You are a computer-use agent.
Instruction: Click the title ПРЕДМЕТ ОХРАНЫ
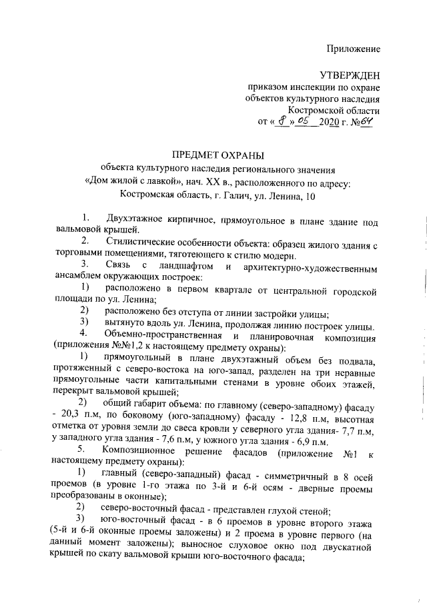coord(213,155)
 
